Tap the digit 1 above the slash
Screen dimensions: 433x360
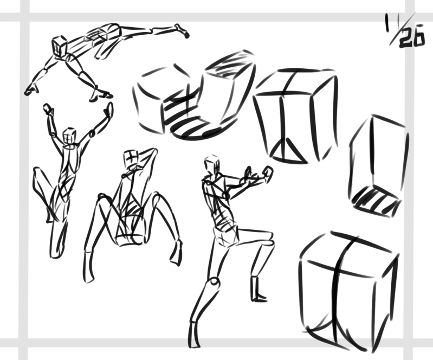coord(388,23)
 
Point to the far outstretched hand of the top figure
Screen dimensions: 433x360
coord(182,30)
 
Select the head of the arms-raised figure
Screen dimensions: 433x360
coord(69,136)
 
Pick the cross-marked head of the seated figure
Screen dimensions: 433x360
coord(131,158)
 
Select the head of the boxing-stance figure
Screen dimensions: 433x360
coord(212,165)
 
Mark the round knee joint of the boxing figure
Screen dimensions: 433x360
coord(214,282)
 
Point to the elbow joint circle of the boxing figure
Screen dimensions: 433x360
coord(226,195)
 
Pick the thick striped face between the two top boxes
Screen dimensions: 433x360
coord(185,116)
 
